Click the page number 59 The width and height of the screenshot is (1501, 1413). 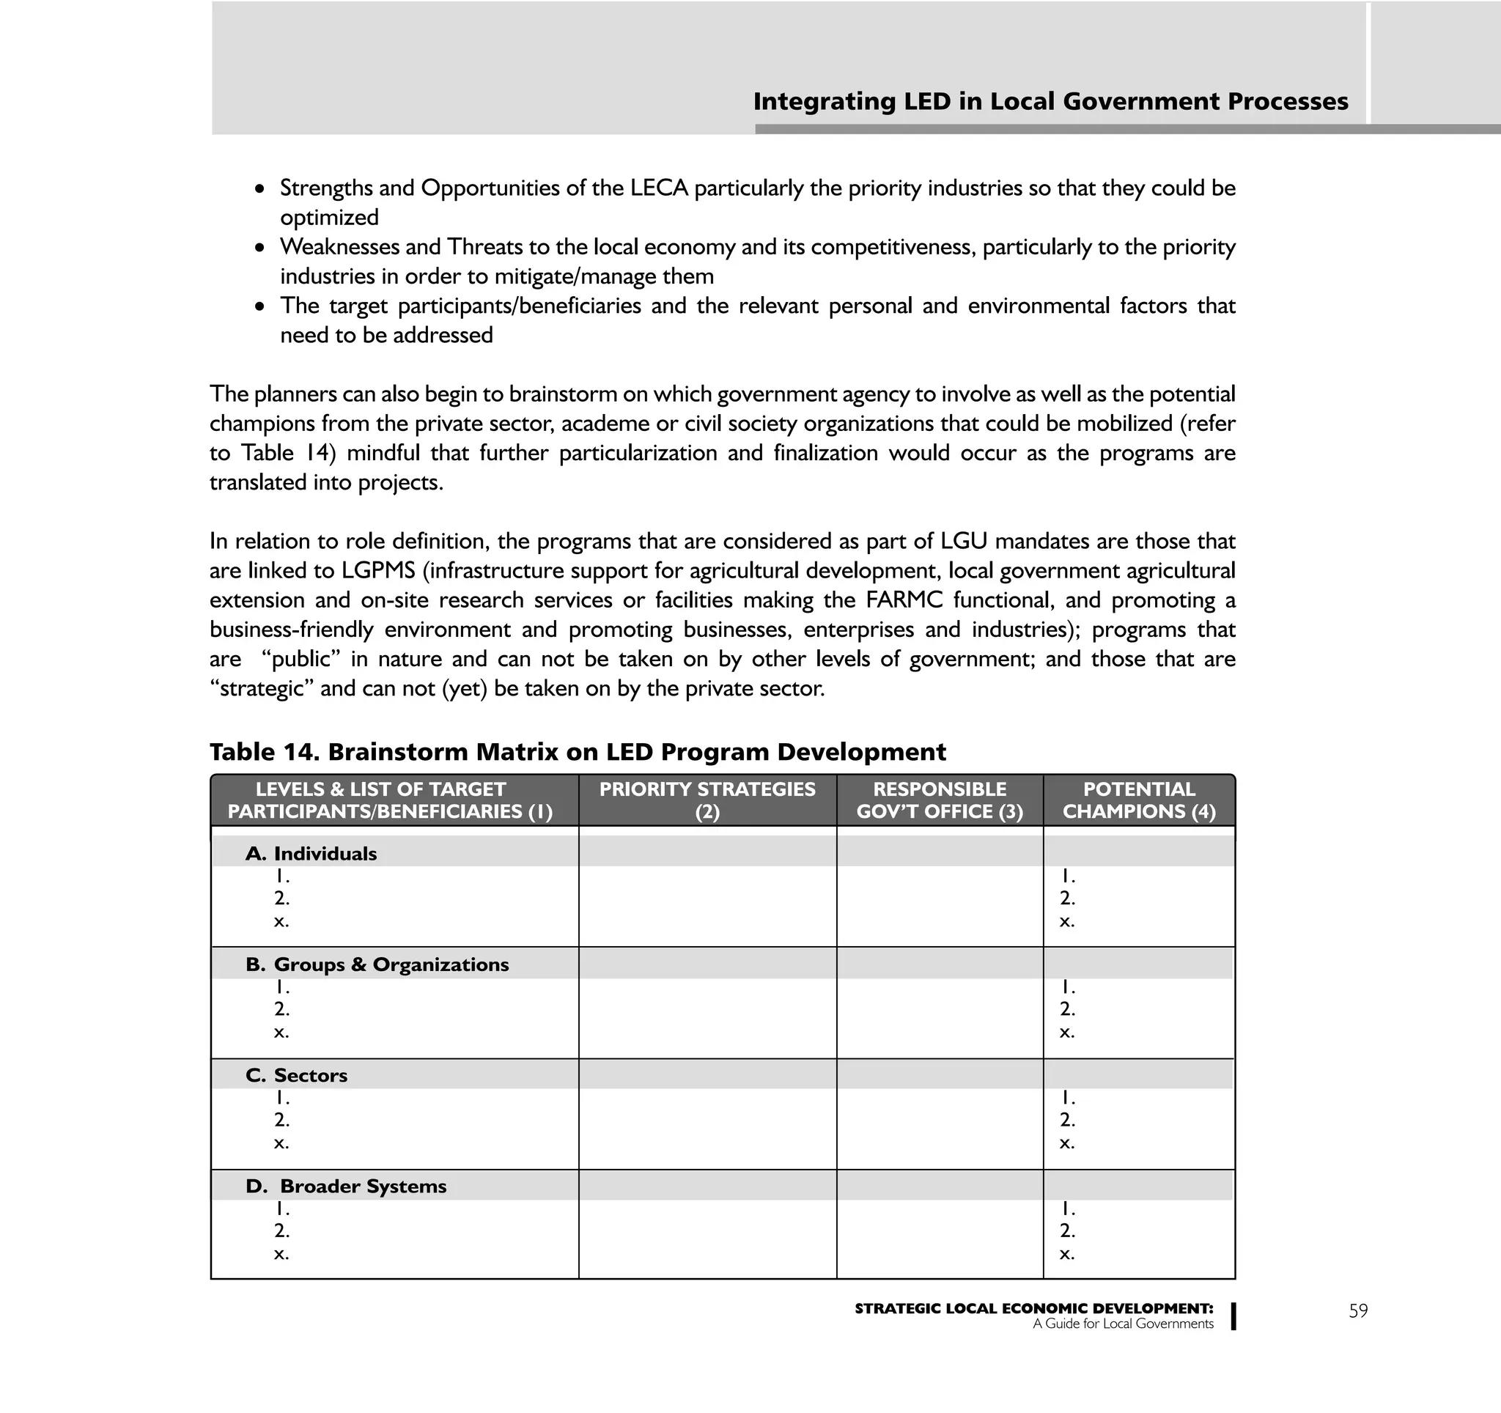pyautogui.click(x=1357, y=1311)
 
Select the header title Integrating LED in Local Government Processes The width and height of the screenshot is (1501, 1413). pyautogui.click(x=1050, y=101)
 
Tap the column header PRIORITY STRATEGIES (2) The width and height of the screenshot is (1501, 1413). pyautogui.click(x=707, y=800)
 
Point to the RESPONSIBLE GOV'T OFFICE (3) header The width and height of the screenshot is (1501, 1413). pyautogui.click(x=940, y=800)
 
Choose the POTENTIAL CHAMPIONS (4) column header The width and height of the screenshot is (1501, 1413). pyautogui.click(x=1139, y=800)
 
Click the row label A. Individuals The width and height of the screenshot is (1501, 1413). pyautogui.click(x=311, y=854)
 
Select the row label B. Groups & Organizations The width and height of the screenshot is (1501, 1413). pyautogui.click(x=377, y=964)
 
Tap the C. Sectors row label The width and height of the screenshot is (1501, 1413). pyautogui.click(x=297, y=1076)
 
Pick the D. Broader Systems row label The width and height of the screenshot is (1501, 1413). pyautogui.click(x=347, y=1187)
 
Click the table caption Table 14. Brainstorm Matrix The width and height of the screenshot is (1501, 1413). pyautogui.click(x=577, y=752)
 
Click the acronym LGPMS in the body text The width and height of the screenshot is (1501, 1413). pyautogui.click(x=378, y=571)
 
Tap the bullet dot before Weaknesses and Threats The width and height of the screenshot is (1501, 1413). pyautogui.click(x=259, y=248)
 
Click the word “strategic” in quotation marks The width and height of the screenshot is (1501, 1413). pyautogui.click(x=260, y=688)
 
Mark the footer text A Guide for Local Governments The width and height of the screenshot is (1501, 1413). pyautogui.click(x=1123, y=1324)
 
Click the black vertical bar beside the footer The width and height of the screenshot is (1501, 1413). pyautogui.click(x=1233, y=1316)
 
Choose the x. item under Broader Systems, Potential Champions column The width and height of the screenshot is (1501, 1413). pyautogui.click(x=1066, y=1254)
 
